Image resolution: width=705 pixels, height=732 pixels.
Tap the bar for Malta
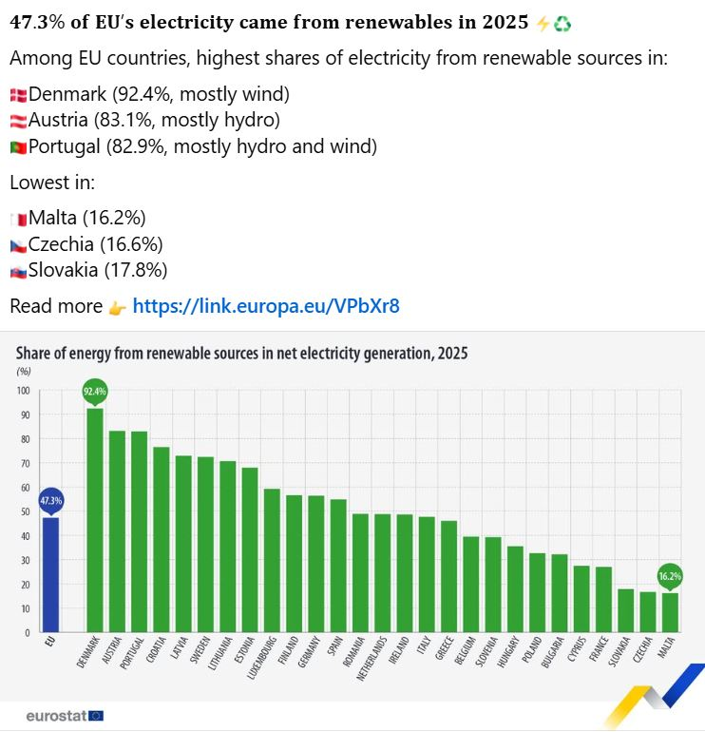(670, 612)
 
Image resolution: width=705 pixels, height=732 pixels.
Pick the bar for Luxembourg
(272, 560)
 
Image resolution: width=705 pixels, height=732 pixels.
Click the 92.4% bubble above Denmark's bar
(95, 391)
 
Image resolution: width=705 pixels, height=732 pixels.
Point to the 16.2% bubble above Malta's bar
(670, 576)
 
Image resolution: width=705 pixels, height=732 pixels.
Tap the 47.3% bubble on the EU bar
(50, 500)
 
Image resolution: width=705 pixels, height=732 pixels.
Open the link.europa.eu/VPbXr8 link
(266, 306)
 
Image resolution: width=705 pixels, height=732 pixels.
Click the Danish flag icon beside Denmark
(18, 95)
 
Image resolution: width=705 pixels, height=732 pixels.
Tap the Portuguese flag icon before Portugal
(18, 147)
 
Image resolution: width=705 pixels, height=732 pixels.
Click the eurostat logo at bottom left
(65, 715)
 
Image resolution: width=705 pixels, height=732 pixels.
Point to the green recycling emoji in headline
(562, 24)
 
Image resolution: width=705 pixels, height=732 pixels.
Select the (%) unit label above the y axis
(24, 371)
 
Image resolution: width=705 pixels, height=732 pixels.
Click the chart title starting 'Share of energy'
(241, 353)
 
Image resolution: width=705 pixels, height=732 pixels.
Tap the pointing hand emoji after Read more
(117, 307)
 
